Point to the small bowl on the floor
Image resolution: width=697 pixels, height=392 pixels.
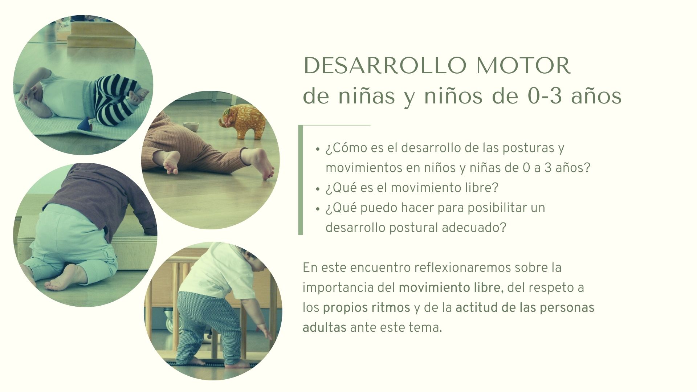click(x=191, y=127)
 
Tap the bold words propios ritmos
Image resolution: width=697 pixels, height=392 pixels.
click(x=366, y=308)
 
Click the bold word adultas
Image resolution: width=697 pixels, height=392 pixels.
click(x=325, y=327)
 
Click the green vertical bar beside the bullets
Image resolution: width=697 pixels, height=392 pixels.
click(x=300, y=180)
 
